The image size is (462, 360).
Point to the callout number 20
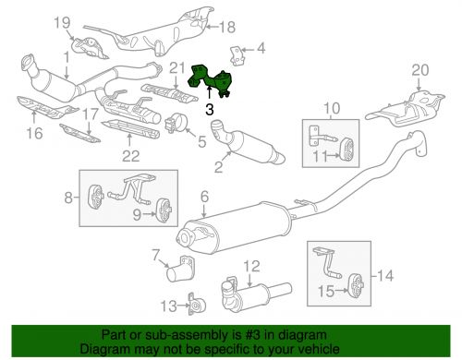pos(419,70)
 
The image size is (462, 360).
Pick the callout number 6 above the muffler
pos(204,197)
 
